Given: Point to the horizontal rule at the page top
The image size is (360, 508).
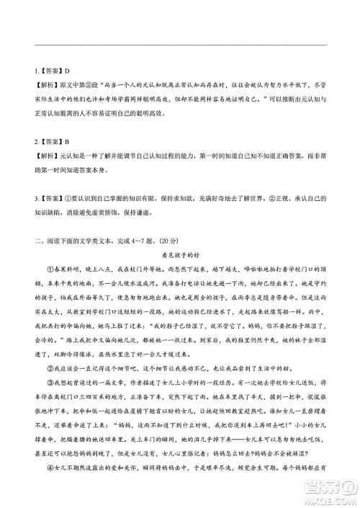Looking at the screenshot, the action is [180, 45].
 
